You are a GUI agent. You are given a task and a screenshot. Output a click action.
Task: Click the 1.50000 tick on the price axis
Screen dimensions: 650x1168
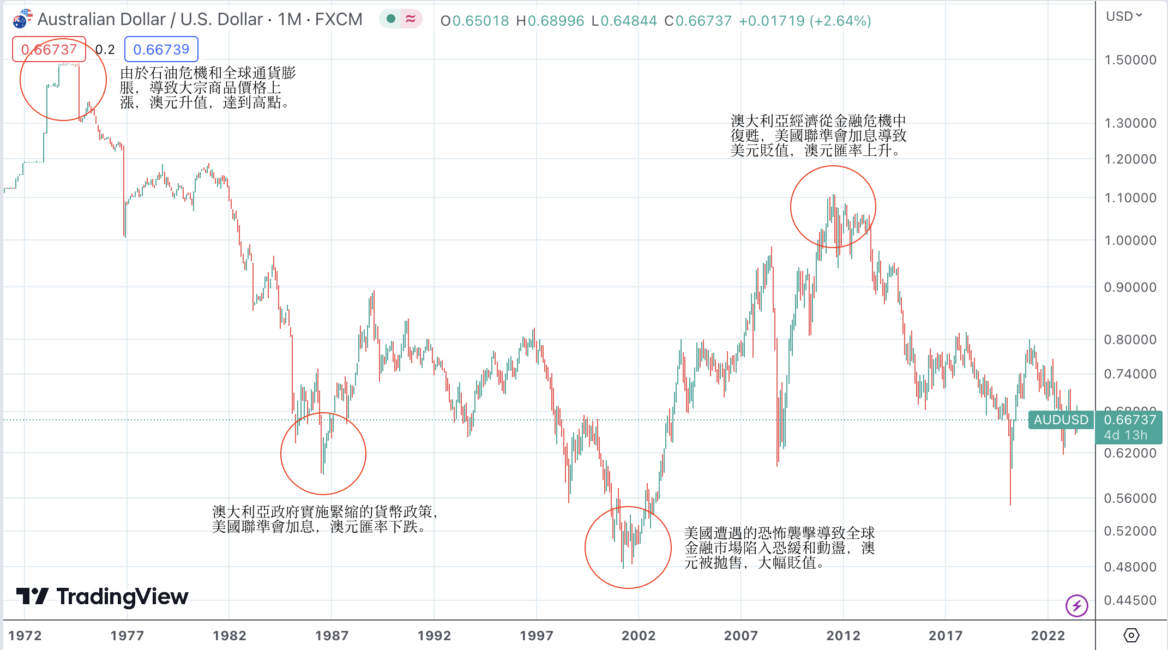1130,60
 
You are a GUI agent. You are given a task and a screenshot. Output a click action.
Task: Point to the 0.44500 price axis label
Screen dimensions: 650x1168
1130,600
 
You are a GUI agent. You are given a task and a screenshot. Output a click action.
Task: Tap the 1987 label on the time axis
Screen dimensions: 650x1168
332,635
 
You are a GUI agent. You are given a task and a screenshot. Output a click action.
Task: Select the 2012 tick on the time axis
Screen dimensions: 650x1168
843,635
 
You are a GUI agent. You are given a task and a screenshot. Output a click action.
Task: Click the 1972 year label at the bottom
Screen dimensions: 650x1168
25,635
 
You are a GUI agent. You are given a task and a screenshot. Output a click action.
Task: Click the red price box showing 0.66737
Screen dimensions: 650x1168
49,50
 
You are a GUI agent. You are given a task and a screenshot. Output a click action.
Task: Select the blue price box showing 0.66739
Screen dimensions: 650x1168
161,50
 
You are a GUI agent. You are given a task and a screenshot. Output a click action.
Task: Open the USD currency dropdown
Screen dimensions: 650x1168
1123,16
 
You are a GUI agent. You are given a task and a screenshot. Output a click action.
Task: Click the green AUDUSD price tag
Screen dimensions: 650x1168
1061,420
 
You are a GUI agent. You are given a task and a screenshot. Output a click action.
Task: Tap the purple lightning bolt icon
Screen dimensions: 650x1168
1076,605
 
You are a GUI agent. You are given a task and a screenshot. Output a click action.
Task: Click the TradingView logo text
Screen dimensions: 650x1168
122,597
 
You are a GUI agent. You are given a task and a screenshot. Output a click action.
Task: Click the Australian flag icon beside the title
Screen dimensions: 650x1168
22,20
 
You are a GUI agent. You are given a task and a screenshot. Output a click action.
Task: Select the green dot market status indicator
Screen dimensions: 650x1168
390,19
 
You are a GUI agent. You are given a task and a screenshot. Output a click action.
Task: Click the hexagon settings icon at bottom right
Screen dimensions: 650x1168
1131,635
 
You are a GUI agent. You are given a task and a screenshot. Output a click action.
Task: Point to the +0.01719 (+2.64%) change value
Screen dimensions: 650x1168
805,21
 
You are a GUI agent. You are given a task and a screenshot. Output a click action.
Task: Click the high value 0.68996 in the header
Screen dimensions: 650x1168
556,21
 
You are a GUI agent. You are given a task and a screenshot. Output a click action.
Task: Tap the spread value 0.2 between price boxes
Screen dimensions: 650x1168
105,50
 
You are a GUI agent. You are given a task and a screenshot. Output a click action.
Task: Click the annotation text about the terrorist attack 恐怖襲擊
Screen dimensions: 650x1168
779,547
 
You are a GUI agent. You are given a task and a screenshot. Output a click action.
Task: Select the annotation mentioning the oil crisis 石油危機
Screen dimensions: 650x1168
208,87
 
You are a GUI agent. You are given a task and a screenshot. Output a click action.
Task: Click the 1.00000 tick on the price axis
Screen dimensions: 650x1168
1130,240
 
